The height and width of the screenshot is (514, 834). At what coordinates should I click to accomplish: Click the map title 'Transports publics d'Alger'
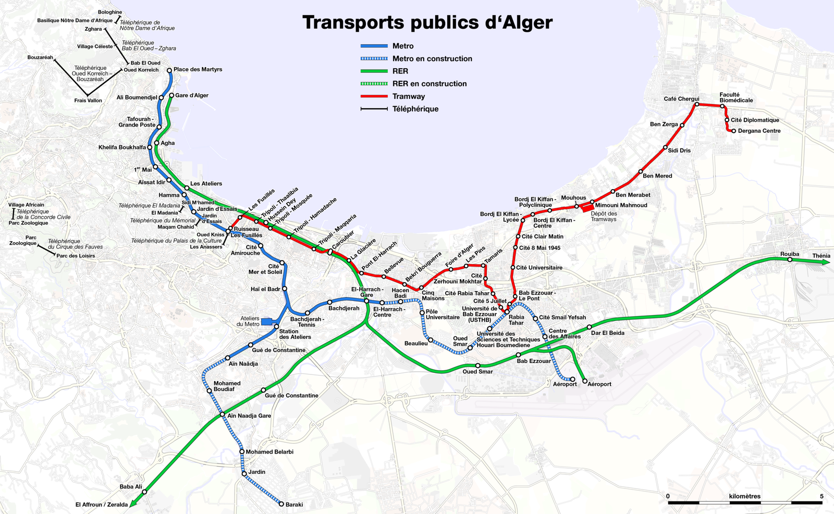(427, 23)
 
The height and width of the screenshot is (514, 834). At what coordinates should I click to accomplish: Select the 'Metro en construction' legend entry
(432, 59)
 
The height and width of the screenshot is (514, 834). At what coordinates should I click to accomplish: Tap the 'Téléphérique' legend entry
(415, 109)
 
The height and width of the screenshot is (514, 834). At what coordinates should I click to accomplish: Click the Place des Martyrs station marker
(169, 70)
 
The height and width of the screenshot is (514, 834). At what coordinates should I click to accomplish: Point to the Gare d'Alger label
(192, 95)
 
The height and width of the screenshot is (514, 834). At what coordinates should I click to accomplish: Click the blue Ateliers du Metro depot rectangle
(267, 322)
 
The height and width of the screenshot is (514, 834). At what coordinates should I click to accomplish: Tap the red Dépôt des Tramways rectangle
(587, 207)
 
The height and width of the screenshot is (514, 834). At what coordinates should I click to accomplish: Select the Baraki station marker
(281, 504)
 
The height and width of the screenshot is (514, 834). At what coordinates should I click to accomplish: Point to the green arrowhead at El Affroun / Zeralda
(133, 503)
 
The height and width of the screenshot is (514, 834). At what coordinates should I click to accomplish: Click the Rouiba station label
(790, 254)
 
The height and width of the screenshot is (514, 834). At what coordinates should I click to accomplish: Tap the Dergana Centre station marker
(733, 131)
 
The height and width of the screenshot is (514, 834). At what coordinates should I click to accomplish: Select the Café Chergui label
(681, 99)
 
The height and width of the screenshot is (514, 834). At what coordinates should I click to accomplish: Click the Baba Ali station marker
(144, 492)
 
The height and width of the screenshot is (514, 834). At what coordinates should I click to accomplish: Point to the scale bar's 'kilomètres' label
(744, 496)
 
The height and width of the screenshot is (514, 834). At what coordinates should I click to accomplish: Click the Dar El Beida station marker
(590, 327)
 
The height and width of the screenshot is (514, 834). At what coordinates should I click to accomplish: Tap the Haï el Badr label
(265, 289)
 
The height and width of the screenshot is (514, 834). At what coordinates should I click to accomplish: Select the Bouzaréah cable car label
(40, 57)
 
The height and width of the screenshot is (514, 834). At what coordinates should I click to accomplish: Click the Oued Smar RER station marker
(478, 366)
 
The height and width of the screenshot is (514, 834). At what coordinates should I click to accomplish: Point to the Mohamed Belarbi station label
(269, 452)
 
